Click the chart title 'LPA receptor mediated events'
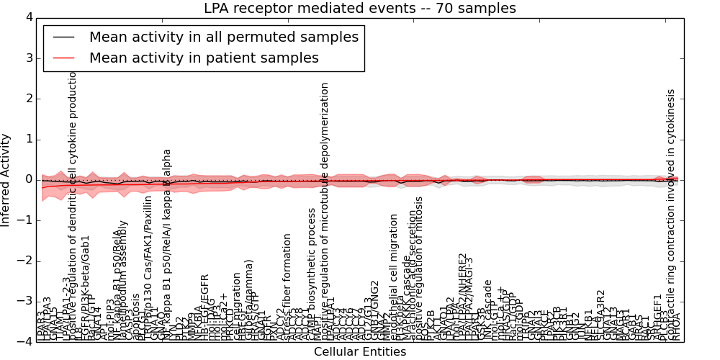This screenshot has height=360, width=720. click(359, 9)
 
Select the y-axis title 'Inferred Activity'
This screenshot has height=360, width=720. click(6, 179)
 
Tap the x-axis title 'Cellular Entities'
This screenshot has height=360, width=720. click(359, 352)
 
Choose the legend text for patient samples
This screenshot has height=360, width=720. click(204, 58)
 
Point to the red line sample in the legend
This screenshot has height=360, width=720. click(63, 58)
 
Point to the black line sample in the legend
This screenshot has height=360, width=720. click(63, 37)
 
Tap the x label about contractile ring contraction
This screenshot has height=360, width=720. click(671, 212)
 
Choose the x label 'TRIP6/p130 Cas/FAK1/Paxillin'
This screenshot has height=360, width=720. click(148, 267)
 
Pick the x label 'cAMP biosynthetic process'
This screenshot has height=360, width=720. click(312, 274)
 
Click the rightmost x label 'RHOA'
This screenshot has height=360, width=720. click(677, 327)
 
